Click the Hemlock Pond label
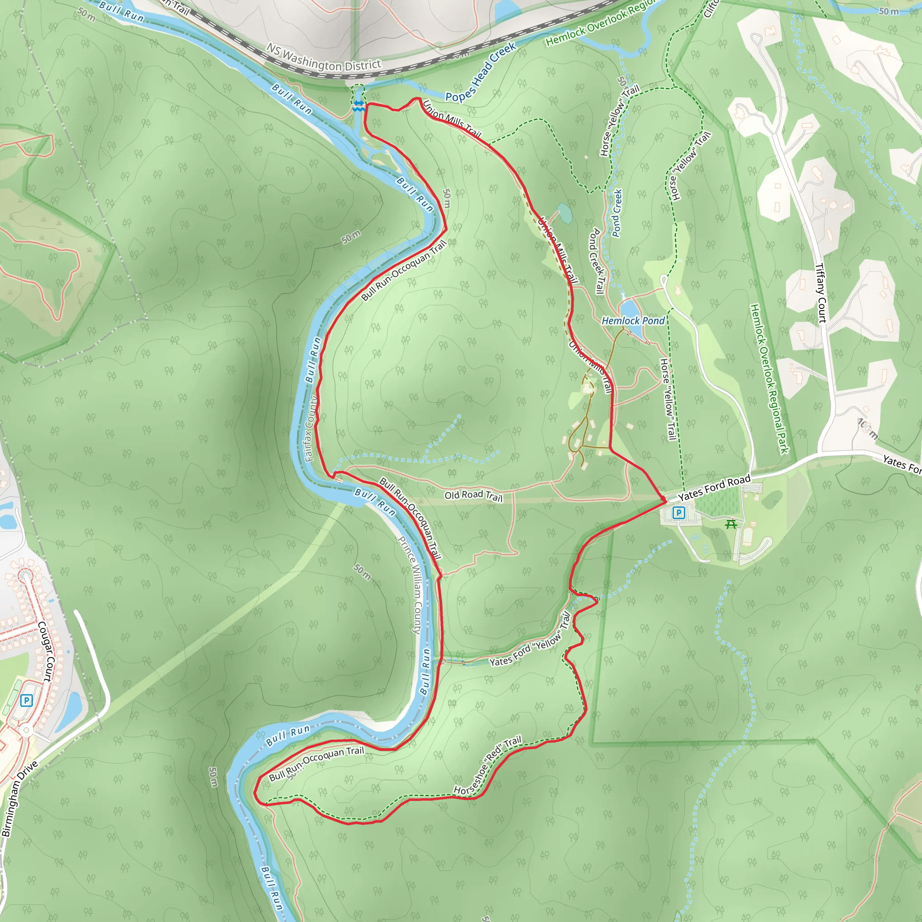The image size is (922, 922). (x=633, y=321)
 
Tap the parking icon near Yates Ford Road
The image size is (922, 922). (x=678, y=513)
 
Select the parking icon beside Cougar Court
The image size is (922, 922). (x=27, y=701)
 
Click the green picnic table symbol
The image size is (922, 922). (x=731, y=525)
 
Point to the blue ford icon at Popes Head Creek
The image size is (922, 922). (x=358, y=106)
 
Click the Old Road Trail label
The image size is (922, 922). (x=474, y=496)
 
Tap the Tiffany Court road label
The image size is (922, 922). (x=820, y=293)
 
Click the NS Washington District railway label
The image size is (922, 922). (x=324, y=58)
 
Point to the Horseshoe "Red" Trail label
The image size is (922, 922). (x=487, y=766)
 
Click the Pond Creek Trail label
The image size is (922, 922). (x=597, y=261)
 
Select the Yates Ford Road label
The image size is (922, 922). (x=714, y=488)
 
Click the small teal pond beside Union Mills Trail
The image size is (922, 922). (x=565, y=213)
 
